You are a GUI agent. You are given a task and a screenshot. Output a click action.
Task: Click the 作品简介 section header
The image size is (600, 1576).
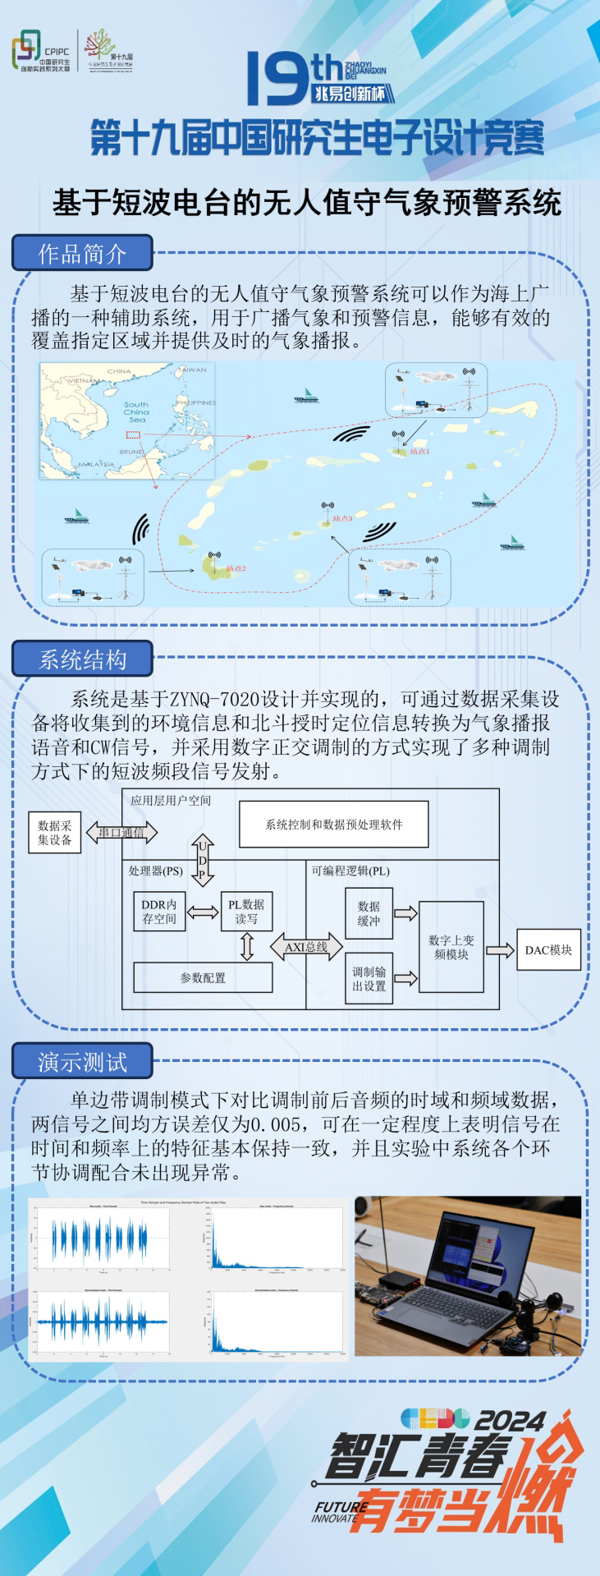click(82, 253)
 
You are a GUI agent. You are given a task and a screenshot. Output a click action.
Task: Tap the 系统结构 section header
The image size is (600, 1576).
click(82, 659)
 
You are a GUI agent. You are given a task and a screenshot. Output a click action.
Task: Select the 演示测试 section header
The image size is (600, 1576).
click(82, 1061)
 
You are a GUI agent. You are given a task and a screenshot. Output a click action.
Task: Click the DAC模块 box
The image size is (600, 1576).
click(548, 950)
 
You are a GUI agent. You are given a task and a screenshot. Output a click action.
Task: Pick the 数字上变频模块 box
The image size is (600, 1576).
click(451, 947)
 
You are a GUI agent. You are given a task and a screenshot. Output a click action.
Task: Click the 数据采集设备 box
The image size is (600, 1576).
click(54, 832)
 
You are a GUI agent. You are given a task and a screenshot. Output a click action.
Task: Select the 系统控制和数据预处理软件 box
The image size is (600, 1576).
click(333, 824)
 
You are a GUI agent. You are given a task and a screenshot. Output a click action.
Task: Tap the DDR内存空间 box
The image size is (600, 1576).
click(159, 912)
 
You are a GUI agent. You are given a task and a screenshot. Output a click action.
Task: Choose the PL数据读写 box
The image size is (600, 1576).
click(246, 912)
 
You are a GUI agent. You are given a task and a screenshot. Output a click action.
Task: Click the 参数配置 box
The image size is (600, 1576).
click(203, 977)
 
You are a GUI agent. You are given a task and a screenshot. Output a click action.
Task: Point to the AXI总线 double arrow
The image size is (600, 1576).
click(306, 947)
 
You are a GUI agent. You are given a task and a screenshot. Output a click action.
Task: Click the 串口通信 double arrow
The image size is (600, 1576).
click(121, 832)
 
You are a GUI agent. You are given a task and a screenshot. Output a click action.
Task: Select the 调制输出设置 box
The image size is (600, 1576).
click(369, 978)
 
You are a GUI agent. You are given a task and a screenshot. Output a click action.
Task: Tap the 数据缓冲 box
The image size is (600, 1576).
click(369, 913)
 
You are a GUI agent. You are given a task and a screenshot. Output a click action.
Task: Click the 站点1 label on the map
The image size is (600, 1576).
click(419, 451)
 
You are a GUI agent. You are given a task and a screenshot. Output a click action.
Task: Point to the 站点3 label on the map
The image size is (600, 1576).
click(342, 518)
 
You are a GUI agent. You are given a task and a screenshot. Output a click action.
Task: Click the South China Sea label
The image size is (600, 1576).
click(136, 411)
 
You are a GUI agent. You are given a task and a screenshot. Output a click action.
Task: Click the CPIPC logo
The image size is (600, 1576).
click(41, 51)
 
